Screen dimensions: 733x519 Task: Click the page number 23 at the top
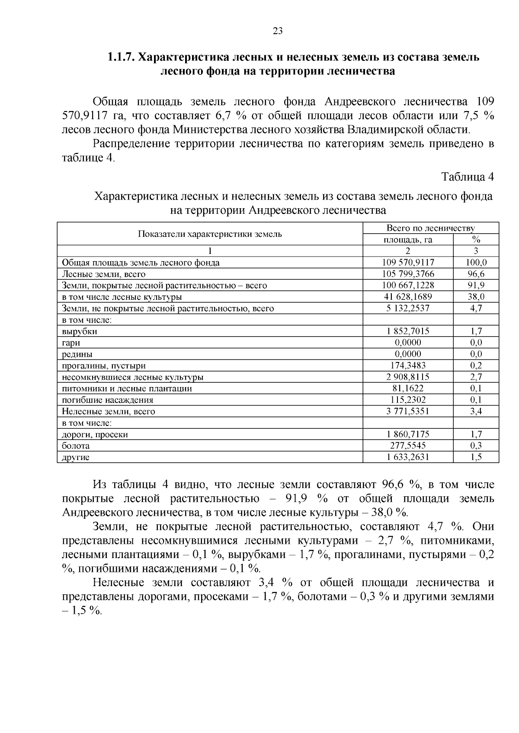coord(278,31)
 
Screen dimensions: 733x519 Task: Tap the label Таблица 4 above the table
coord(467,177)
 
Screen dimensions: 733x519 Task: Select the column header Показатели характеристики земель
coord(210,234)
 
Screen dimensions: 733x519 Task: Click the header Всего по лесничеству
coord(430,228)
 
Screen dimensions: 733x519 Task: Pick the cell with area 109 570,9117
coord(408,262)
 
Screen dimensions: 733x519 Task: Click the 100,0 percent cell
coord(476,262)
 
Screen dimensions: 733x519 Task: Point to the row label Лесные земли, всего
coord(104,274)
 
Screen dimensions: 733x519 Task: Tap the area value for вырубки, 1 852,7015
coord(408,331)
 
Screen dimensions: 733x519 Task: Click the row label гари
coord(71,343)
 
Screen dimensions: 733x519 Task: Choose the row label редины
coord(77,354)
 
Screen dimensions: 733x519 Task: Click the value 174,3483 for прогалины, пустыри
coord(408,365)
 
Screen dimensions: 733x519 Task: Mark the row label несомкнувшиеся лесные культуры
coord(133,377)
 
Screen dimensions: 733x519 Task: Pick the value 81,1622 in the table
coord(408,388)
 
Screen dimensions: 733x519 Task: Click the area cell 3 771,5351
coord(408,411)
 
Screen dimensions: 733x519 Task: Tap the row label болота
coord(76,446)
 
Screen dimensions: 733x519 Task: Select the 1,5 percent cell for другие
coord(476,457)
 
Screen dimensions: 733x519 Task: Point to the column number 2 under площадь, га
coord(408,251)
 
